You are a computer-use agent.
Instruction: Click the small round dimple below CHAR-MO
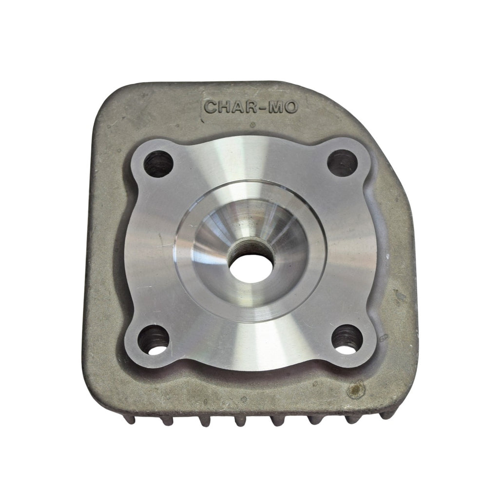251,125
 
